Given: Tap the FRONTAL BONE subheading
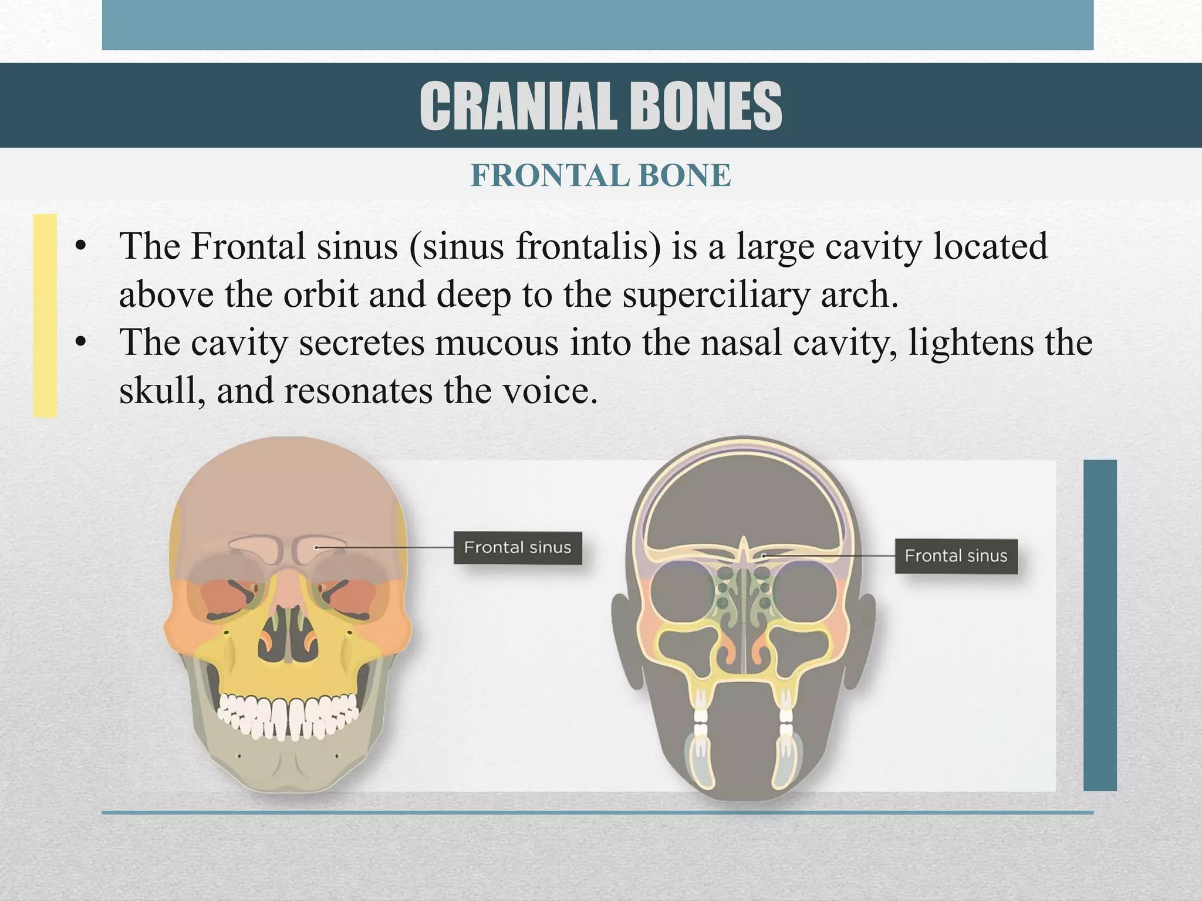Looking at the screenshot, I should [601, 175].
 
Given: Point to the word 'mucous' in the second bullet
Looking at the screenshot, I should [496, 343].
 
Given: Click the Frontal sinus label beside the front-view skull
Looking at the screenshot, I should [518, 548].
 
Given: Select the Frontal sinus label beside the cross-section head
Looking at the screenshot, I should [955, 555].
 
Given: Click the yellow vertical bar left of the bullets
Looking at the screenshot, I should [45, 316].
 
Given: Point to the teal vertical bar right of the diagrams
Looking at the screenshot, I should [1099, 625].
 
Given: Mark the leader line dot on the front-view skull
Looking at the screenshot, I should [316, 547].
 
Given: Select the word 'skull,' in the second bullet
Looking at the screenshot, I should [163, 391].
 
